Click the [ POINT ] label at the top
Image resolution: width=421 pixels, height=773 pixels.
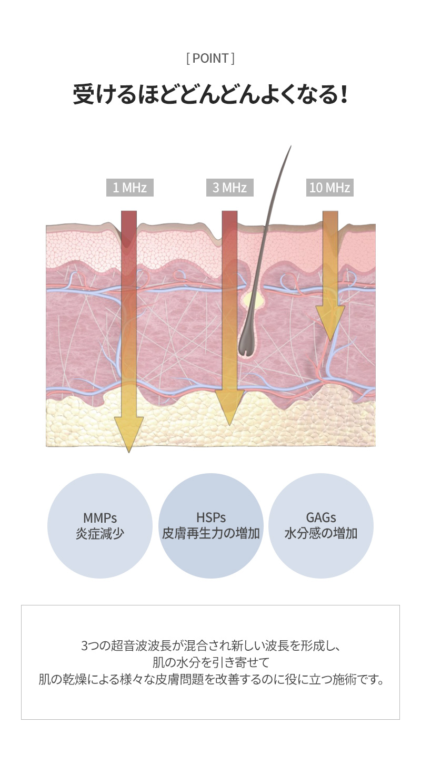coord(210,58)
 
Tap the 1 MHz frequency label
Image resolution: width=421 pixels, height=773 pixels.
coord(130,188)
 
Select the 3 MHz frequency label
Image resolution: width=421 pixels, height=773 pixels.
coord(230,188)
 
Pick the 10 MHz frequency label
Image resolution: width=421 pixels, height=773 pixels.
coord(330,188)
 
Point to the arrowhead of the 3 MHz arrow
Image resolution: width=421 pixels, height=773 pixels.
coord(229,407)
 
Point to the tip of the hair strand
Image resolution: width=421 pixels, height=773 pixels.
coord(291,146)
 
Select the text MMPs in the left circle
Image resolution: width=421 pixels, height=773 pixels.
coord(100,517)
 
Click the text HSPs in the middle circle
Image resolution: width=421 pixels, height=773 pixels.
coord(211,517)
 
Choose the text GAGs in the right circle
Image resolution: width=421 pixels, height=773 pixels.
coord(320,517)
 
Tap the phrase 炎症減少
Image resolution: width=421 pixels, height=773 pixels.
coord(100,533)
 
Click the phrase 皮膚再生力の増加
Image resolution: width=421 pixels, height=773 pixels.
coord(211,533)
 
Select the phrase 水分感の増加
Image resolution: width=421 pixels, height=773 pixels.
coord(320,533)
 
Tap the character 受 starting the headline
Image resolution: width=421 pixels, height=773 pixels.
coord(83,94)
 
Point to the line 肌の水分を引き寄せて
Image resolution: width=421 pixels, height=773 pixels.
coord(210,662)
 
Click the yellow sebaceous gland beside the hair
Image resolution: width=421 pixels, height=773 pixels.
coord(254,299)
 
